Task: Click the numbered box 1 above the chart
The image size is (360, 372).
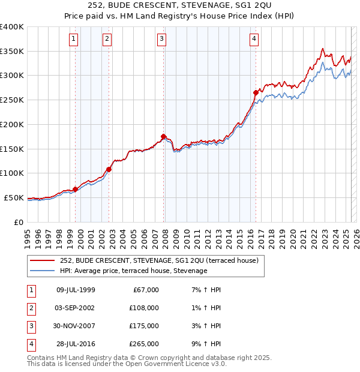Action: [73, 40]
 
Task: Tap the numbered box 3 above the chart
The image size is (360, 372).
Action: [162, 40]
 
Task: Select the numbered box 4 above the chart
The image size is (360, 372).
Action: [254, 40]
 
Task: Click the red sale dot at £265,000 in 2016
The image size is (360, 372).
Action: [256, 92]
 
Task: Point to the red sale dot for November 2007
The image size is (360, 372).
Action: [164, 136]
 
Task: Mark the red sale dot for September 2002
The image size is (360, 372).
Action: [109, 169]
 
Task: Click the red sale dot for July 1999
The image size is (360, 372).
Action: [75, 189]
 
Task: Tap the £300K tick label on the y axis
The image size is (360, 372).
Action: [12, 76]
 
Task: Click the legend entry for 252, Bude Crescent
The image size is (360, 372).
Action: [159, 260]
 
